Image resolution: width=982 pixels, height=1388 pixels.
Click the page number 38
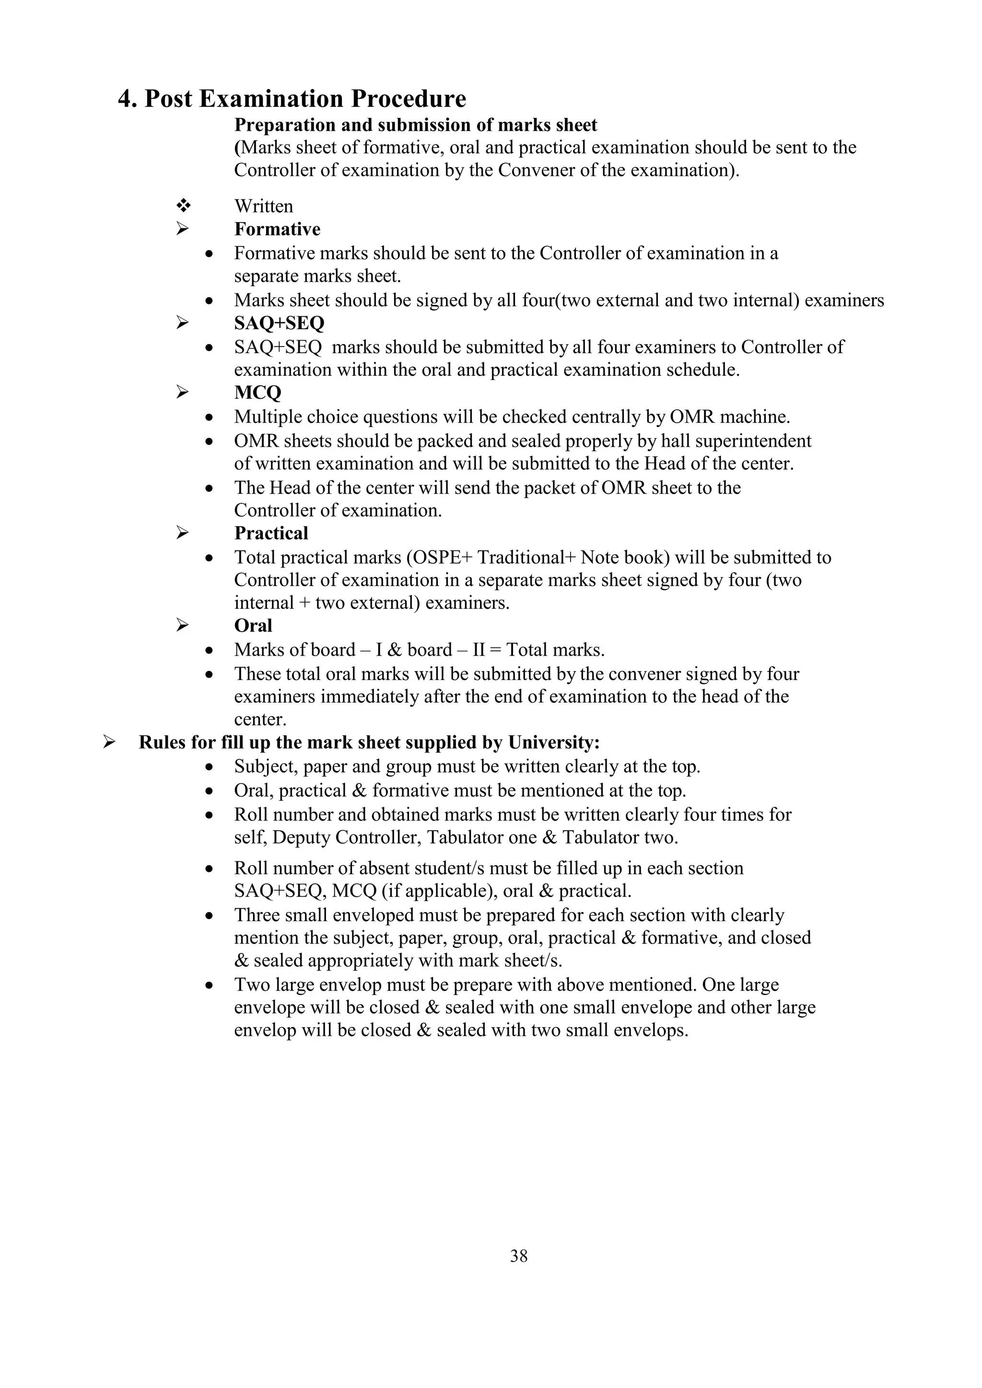click(519, 1256)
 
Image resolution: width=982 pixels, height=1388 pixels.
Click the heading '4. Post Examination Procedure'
click(292, 99)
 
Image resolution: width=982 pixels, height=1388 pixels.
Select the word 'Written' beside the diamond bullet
click(264, 206)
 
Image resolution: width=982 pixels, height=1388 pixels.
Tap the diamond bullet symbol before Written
click(183, 206)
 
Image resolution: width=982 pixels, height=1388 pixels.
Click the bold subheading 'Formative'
click(277, 229)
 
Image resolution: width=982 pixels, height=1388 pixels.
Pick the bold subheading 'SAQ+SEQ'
click(279, 324)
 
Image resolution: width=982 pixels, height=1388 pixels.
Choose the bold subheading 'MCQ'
click(257, 393)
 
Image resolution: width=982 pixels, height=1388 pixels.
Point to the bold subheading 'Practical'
click(271, 533)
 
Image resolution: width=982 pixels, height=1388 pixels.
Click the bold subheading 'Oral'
click(253, 625)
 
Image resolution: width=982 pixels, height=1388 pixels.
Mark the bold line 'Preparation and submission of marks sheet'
click(415, 125)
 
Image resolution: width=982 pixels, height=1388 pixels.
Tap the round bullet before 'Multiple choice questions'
click(209, 418)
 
